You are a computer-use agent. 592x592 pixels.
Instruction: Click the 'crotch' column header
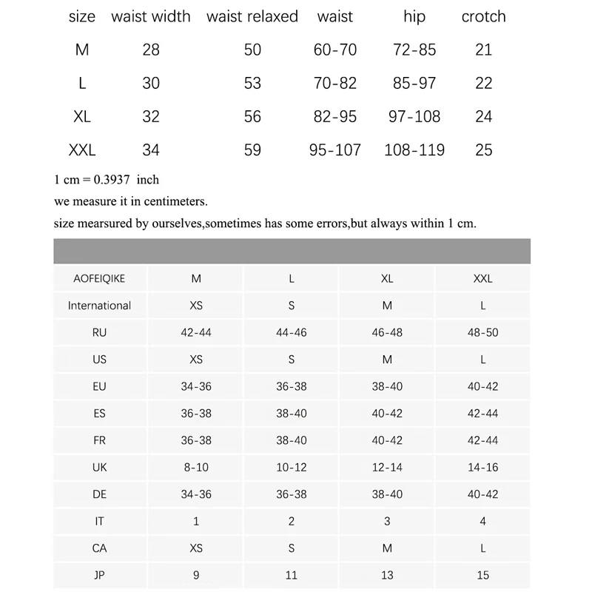(x=483, y=16)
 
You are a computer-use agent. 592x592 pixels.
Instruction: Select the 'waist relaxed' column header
(x=252, y=16)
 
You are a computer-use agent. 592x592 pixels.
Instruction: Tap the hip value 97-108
(x=414, y=116)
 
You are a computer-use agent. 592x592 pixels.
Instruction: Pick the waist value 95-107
(x=335, y=150)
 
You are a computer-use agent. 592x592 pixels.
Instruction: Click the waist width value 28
(x=151, y=50)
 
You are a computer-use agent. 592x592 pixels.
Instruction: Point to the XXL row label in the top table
(x=82, y=150)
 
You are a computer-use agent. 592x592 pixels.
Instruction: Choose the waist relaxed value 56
(x=252, y=116)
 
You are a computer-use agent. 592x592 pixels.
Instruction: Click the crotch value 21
(x=484, y=50)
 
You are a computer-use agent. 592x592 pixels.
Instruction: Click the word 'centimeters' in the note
(x=176, y=201)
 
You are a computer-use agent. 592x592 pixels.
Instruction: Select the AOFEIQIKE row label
(x=100, y=279)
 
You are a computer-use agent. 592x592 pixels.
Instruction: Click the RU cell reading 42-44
(x=196, y=332)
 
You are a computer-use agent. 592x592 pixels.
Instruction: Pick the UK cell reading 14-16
(x=483, y=467)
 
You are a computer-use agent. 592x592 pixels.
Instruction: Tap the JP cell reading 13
(x=387, y=575)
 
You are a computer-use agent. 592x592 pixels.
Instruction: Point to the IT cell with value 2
(x=292, y=521)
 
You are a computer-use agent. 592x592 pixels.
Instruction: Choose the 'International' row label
(x=100, y=306)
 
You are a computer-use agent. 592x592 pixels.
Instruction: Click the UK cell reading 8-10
(x=196, y=467)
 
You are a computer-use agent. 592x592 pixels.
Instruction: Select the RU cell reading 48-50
(x=483, y=332)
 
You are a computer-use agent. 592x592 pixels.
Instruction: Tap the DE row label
(x=100, y=494)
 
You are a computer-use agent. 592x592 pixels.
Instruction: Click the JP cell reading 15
(x=483, y=575)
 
